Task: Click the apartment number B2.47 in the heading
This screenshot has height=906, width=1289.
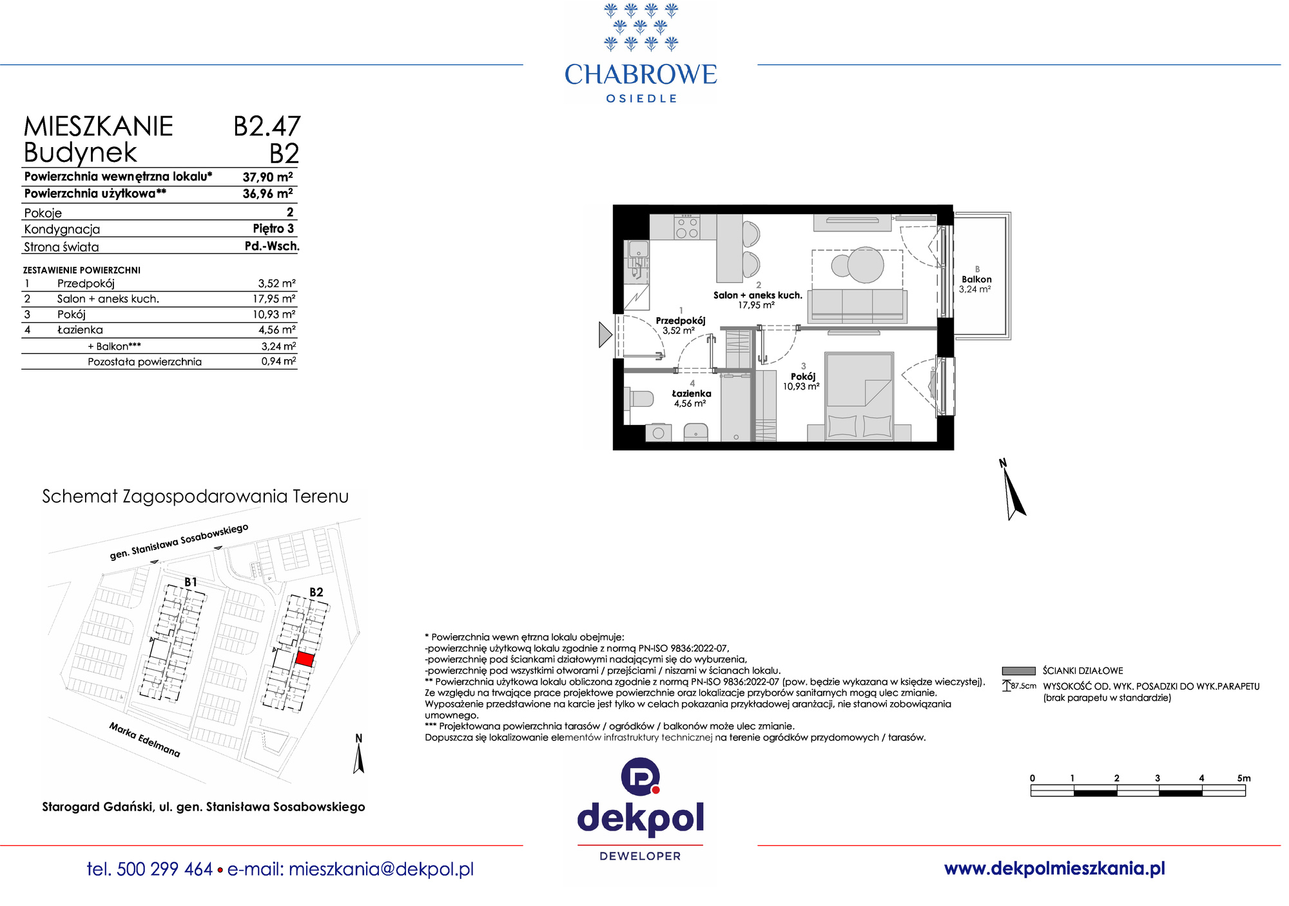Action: click(267, 126)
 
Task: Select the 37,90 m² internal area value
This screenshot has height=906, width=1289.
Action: click(267, 177)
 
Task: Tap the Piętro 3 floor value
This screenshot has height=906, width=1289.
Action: click(273, 228)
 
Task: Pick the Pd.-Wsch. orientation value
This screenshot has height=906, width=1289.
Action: click(272, 246)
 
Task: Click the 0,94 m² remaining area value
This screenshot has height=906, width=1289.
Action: click(278, 361)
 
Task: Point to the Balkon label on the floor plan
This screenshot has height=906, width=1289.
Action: click(976, 279)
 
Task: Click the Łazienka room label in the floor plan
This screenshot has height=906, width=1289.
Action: click(692, 393)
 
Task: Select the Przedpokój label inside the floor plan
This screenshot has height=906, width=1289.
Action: click(681, 320)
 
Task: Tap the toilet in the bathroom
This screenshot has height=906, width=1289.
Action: click(639, 397)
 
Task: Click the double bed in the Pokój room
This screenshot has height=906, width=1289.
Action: click(859, 396)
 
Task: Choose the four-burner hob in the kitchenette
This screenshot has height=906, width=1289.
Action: click(686, 227)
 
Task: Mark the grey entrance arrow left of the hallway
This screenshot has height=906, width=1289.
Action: click(605, 335)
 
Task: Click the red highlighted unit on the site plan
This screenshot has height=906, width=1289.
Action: click(305, 660)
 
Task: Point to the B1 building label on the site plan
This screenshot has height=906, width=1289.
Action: click(191, 582)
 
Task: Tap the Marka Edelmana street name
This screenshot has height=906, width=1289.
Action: click(145, 740)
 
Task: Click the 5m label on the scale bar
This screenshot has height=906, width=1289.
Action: click(1244, 778)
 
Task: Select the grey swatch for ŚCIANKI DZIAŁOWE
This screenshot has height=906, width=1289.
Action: click(1018, 671)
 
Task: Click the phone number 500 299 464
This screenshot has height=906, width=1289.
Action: click(165, 869)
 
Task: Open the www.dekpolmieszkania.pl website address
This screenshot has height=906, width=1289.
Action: click(1054, 869)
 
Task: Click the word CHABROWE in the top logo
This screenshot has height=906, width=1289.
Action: click(641, 75)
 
